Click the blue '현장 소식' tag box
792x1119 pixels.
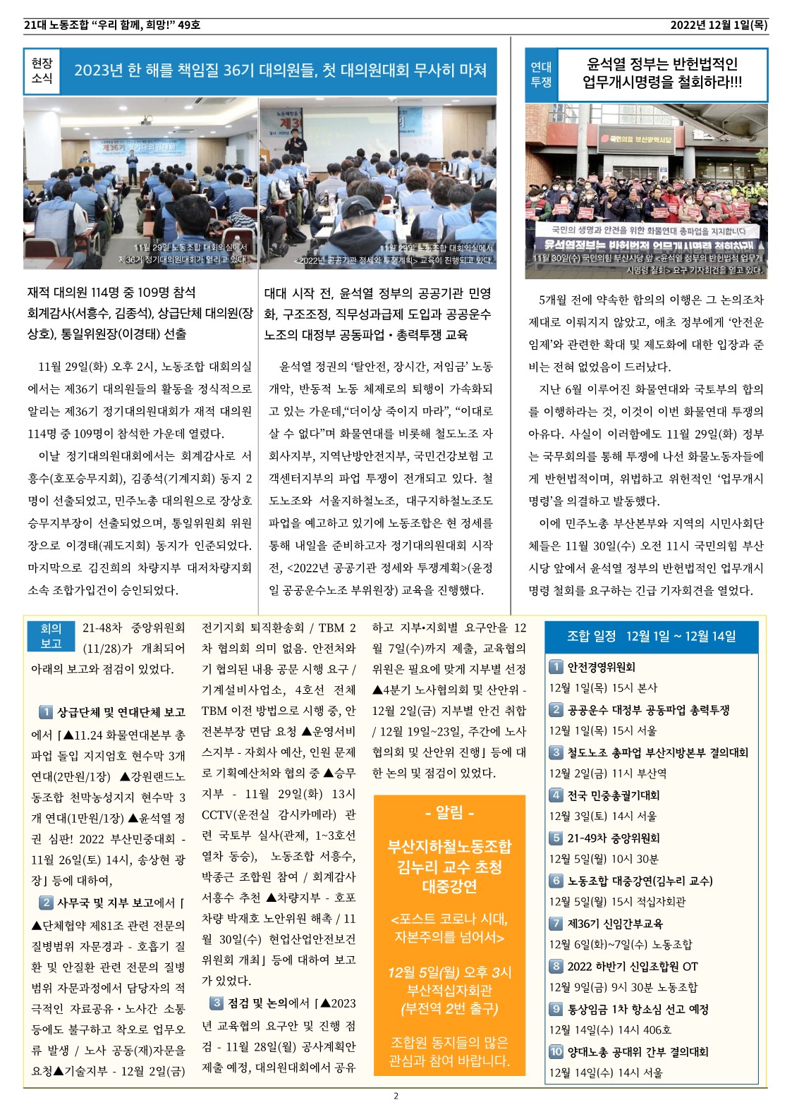(x=42, y=71)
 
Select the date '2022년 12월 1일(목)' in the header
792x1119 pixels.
(x=719, y=25)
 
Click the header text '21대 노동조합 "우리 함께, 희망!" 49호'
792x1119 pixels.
(x=112, y=25)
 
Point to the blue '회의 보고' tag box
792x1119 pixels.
(x=51, y=636)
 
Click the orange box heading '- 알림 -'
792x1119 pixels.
(x=449, y=813)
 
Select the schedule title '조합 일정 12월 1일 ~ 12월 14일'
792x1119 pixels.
(x=651, y=637)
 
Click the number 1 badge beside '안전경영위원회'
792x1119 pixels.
(x=556, y=667)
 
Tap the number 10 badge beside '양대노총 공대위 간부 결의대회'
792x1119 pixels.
(x=556, y=1052)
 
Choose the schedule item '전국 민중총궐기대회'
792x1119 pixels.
(x=613, y=795)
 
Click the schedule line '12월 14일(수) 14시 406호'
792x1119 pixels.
(x=610, y=1030)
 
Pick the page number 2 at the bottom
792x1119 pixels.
(x=396, y=1096)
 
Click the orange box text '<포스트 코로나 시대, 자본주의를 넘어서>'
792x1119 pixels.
(x=449, y=929)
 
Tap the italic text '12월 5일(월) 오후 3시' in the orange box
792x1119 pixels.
(x=449, y=973)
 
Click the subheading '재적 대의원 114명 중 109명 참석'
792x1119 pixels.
(x=111, y=293)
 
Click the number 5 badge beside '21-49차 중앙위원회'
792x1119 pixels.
(x=556, y=838)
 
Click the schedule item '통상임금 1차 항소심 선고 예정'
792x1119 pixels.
(x=638, y=1010)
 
